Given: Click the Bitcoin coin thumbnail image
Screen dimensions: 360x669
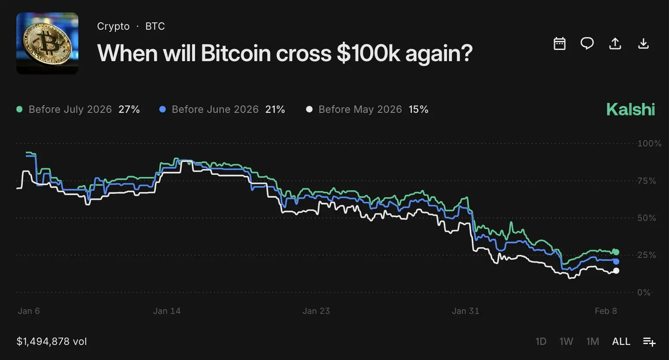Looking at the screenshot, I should pyautogui.click(x=47, y=43).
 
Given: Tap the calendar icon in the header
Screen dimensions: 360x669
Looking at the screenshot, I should pyautogui.click(x=559, y=43).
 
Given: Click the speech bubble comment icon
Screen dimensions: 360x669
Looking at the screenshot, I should pyautogui.click(x=587, y=43).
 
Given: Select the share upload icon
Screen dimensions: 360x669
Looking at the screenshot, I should pyautogui.click(x=615, y=43).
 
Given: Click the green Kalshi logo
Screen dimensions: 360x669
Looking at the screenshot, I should pyautogui.click(x=630, y=109).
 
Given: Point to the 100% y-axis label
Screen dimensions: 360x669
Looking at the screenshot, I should pyautogui.click(x=649, y=143).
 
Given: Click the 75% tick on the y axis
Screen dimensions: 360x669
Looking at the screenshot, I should pyautogui.click(x=647, y=181).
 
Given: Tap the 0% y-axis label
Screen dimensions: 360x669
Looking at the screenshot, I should pyautogui.click(x=644, y=292).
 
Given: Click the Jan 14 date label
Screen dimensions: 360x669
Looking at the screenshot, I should pyautogui.click(x=167, y=311).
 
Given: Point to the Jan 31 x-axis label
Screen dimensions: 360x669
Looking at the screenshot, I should pyautogui.click(x=465, y=311).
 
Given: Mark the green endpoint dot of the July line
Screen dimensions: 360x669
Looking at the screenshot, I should pyautogui.click(x=616, y=252).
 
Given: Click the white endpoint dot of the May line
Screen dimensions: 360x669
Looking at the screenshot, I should pyautogui.click(x=616, y=270).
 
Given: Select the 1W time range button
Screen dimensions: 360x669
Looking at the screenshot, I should pyautogui.click(x=566, y=341).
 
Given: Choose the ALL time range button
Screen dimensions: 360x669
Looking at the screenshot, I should pyautogui.click(x=621, y=341).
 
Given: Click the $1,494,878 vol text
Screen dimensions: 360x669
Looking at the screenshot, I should pyautogui.click(x=52, y=341).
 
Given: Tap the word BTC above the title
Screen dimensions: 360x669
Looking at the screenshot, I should pyautogui.click(x=155, y=26).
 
